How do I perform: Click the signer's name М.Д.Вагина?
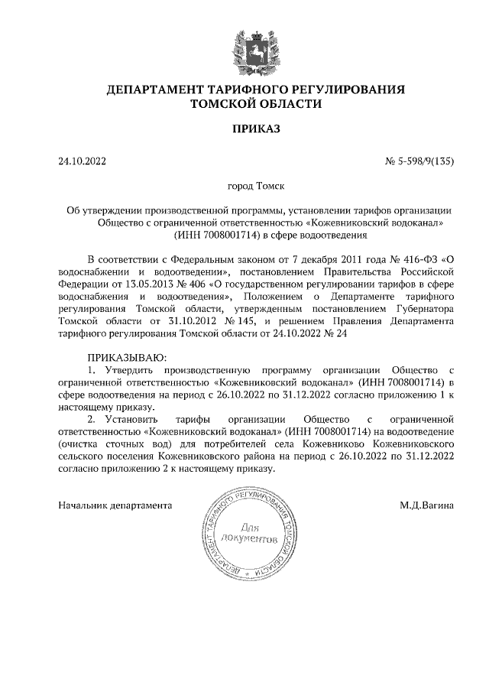(x=426, y=505)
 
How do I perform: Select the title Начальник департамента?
(x=115, y=505)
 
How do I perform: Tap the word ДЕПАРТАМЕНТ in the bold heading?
(x=163, y=89)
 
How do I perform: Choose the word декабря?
(x=310, y=258)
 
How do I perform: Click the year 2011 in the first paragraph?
(x=348, y=258)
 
